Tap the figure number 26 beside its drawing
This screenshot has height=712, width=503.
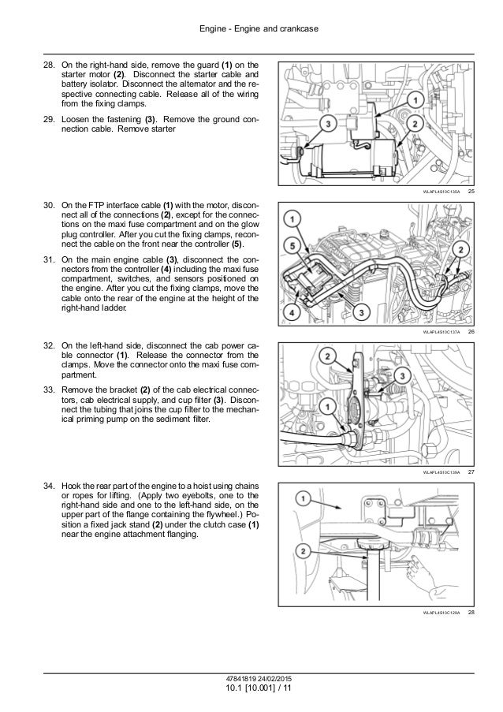(470, 333)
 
